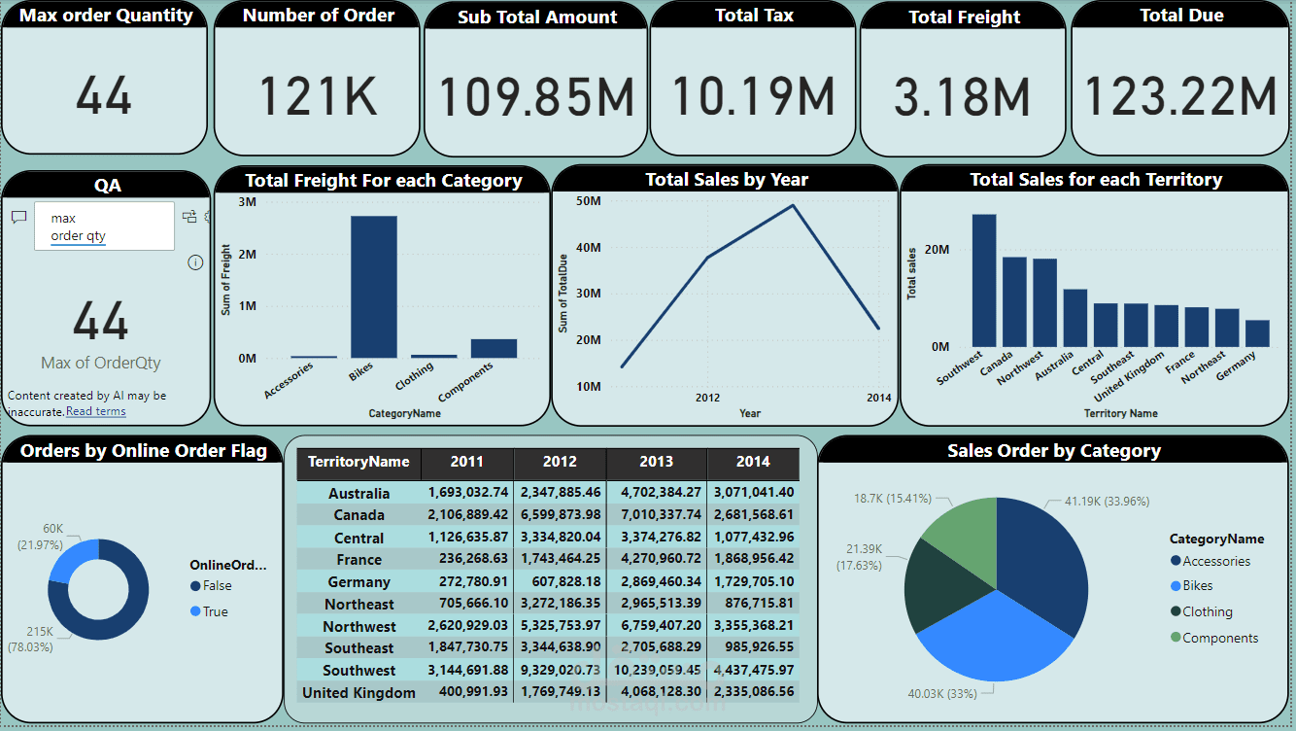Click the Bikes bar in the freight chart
pyautogui.click(x=374, y=287)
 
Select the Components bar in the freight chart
pyautogui.click(x=494, y=348)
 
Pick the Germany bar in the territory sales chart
pyautogui.click(x=1257, y=333)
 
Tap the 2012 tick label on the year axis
pyautogui.click(x=707, y=398)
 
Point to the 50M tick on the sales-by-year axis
pyautogui.click(x=589, y=201)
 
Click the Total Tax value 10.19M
pyautogui.click(x=753, y=96)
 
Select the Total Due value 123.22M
pyautogui.click(x=1179, y=96)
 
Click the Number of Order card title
pyautogui.click(x=319, y=16)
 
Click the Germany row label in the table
pyautogui.click(x=358, y=582)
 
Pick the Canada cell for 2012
pyautogui.click(x=561, y=515)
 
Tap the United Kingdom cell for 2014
pyautogui.click(x=753, y=692)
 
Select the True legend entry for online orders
pyautogui.click(x=216, y=611)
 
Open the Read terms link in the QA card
pyautogui.click(x=95, y=411)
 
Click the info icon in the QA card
pyautogui.click(x=195, y=262)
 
